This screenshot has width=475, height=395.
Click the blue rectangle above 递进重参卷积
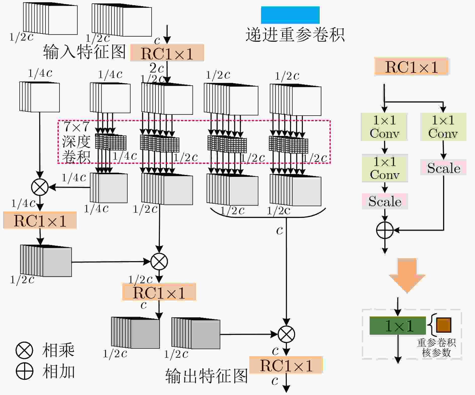(290, 15)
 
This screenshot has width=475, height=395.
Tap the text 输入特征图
(84, 52)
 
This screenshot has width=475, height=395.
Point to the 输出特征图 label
(207, 376)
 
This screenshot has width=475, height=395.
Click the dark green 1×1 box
(398, 326)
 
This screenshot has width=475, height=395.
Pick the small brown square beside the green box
(444, 325)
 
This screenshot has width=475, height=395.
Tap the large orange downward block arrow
(407, 275)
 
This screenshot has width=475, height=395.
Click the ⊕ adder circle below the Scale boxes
(385, 230)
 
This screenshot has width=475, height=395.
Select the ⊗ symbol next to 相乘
(24, 350)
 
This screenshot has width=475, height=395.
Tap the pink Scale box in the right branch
(444, 168)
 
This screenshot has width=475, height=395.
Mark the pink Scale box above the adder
(385, 201)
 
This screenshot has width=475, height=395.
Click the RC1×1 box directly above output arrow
(286, 365)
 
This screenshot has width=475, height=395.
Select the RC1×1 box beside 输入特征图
(167, 53)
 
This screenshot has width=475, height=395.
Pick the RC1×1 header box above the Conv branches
(411, 67)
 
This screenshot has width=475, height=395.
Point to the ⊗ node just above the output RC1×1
(286, 334)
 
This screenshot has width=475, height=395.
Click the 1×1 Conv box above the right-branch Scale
(443, 127)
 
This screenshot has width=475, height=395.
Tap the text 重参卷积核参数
(436, 348)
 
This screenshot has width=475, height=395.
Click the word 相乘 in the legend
(58, 350)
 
